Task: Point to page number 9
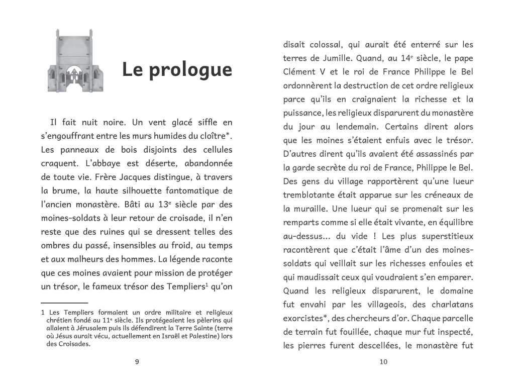point(137,362)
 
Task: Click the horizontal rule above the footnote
point(64,303)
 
